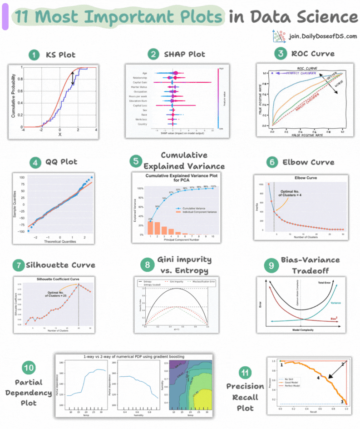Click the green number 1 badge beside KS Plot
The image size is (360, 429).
click(33, 55)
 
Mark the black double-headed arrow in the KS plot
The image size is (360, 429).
click(73, 79)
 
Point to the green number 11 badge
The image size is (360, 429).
click(246, 373)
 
